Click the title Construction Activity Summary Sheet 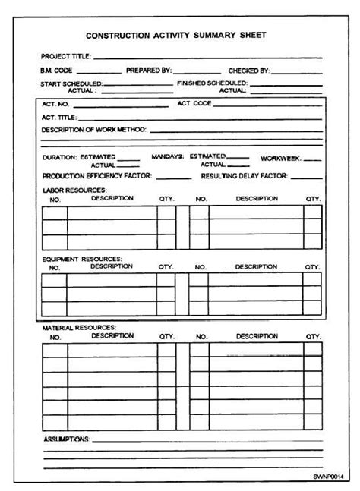[176, 36]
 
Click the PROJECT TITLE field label [66, 56]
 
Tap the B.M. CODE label [58, 70]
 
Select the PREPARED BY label [149, 70]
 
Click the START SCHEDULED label [71, 83]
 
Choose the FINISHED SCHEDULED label [212, 82]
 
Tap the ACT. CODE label [194, 103]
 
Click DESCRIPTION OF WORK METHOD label [94, 130]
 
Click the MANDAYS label [167, 156]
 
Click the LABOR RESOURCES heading [74, 190]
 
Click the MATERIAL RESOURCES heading [78, 327]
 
